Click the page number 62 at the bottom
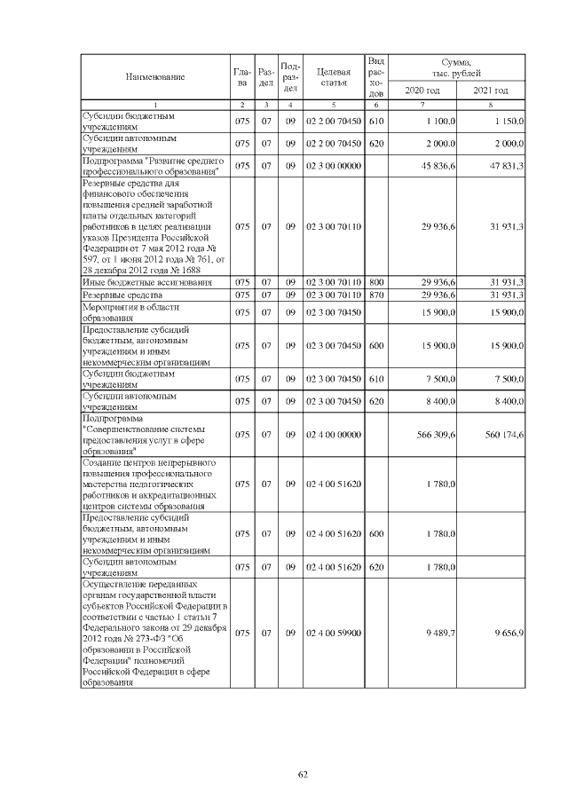pyautogui.click(x=302, y=774)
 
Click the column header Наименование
pyautogui.click(x=154, y=76)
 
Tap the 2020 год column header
pyautogui.click(x=422, y=91)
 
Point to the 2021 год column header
pyautogui.click(x=491, y=91)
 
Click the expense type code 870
pyautogui.click(x=375, y=295)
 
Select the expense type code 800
pyautogui.click(x=375, y=282)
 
